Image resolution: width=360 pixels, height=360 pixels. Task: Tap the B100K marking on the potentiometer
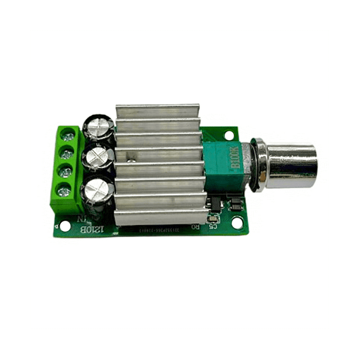pyautogui.click(x=235, y=157)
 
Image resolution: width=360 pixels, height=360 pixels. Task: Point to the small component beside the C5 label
pyautogui.click(x=213, y=218)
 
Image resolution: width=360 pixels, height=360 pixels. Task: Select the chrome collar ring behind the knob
pyautogui.click(x=260, y=166)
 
